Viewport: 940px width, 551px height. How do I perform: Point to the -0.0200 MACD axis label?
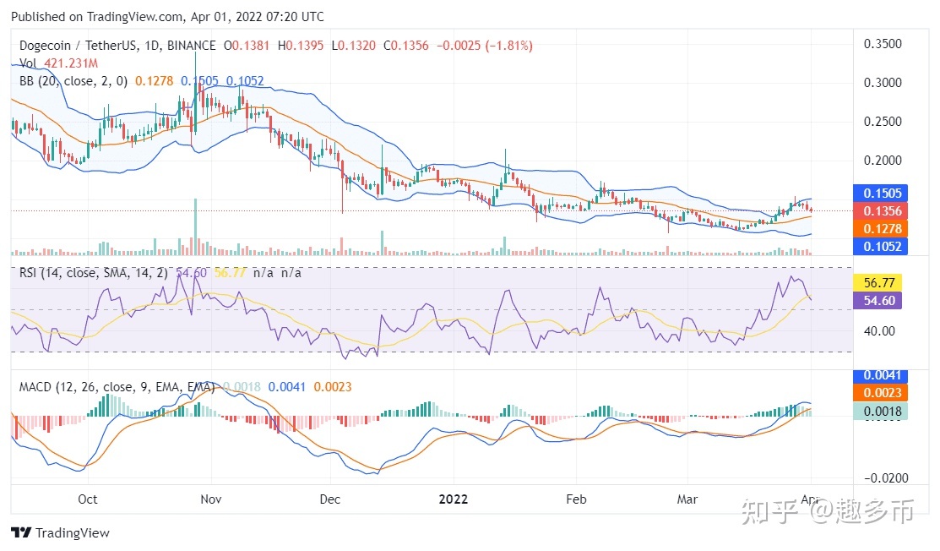pos(880,478)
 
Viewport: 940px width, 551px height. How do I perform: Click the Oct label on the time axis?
pos(88,499)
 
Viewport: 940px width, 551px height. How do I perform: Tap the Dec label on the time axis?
pos(330,499)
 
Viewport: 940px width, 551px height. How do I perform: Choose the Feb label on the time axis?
pos(576,499)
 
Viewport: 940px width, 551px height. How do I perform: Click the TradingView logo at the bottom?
pos(60,533)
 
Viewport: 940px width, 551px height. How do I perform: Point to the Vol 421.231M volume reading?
pos(59,63)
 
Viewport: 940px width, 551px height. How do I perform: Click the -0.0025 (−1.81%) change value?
pos(485,45)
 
